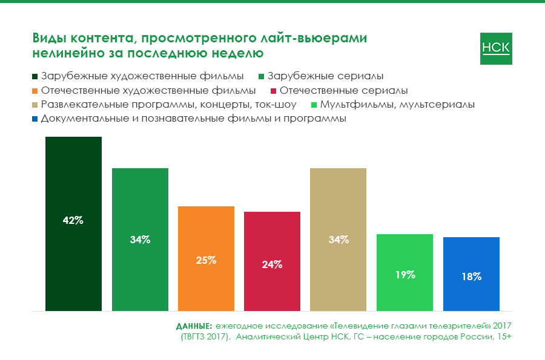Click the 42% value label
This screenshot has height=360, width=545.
[73, 220]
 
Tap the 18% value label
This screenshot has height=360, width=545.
[471, 277]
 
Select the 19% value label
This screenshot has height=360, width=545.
[405, 274]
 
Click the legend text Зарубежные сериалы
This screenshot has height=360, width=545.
[325, 77]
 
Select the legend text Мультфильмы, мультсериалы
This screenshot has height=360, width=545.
[397, 105]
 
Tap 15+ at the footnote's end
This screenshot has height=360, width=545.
[504, 336]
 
